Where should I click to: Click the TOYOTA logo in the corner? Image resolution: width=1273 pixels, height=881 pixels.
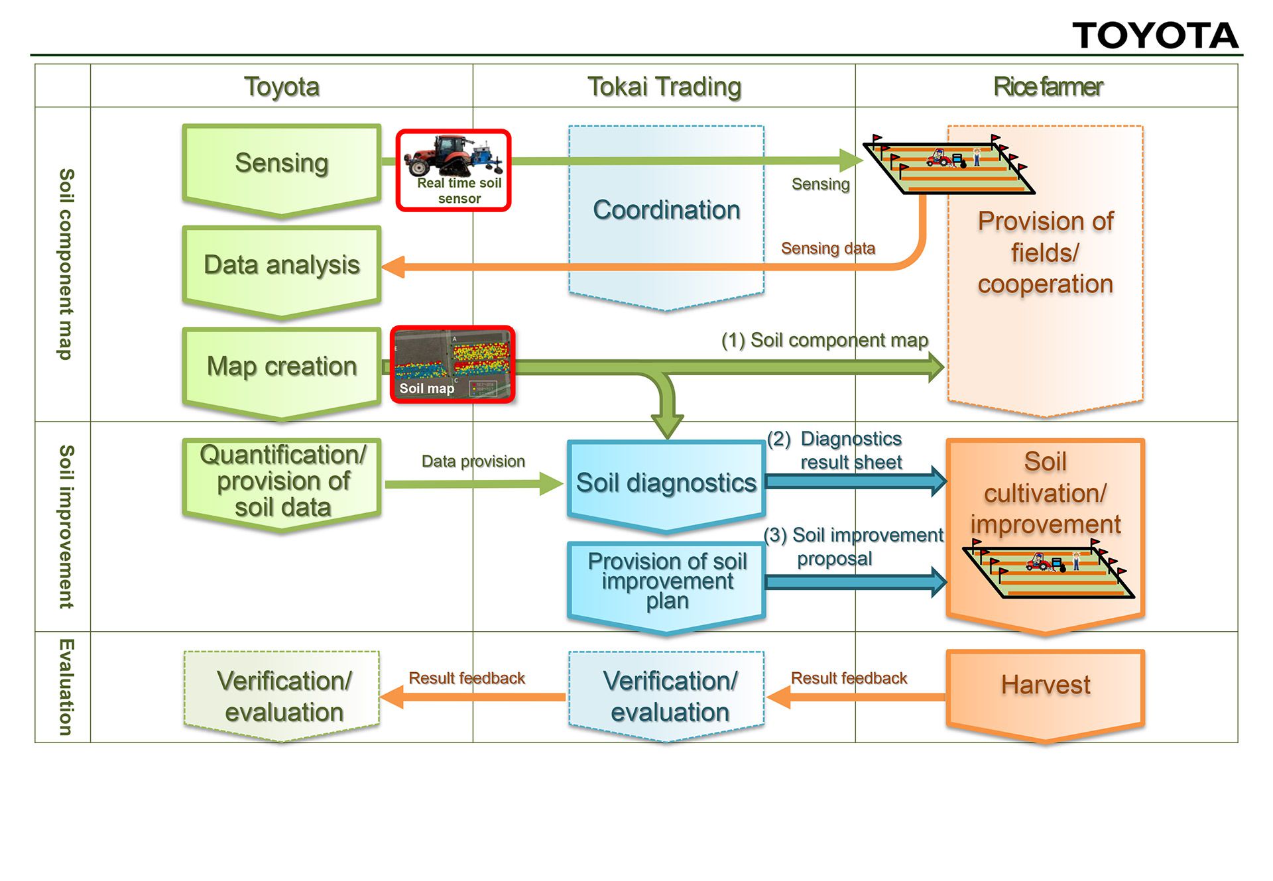1155,35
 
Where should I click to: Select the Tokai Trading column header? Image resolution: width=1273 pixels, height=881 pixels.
664,87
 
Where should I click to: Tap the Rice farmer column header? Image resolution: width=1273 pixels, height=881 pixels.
1048,87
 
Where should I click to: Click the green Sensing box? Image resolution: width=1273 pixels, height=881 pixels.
282,166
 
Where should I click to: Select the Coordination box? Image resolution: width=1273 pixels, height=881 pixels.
666,211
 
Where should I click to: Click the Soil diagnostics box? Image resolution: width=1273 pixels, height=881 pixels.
666,483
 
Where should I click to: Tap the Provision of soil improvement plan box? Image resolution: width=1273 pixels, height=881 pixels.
666,582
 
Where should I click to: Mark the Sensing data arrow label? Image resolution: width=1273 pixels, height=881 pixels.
828,249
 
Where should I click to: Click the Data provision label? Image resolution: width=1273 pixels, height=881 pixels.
473,461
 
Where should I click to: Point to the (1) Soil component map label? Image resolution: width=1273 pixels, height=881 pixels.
825,340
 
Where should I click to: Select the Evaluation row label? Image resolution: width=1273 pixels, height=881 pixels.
65,687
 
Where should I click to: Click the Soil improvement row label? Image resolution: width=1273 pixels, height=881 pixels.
65,526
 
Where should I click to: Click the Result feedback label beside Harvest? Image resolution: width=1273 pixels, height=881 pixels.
849,678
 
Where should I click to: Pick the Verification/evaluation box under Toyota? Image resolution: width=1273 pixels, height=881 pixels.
283,696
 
